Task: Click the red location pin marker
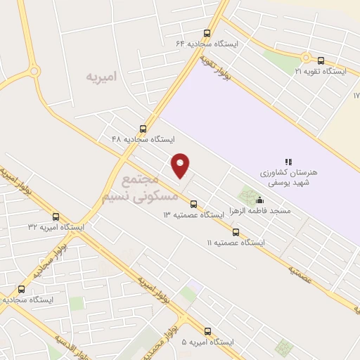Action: pyautogui.click(x=181, y=165)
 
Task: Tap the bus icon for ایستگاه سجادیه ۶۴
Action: pyautogui.click(x=207, y=33)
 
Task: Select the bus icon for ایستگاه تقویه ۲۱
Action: pyautogui.click(x=321, y=60)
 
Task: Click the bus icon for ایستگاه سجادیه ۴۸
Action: pyautogui.click(x=143, y=129)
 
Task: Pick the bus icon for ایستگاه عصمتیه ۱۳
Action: pyautogui.click(x=193, y=204)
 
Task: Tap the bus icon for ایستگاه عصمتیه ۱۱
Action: pyautogui.click(x=236, y=232)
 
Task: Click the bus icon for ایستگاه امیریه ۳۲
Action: pyautogui.click(x=56, y=217)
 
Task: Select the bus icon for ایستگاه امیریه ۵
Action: pyautogui.click(x=207, y=331)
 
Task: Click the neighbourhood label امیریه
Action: pyautogui.click(x=101, y=75)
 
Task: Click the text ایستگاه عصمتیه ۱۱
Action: pyautogui.click(x=235, y=243)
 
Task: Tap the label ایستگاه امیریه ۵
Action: pyautogui.click(x=207, y=342)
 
